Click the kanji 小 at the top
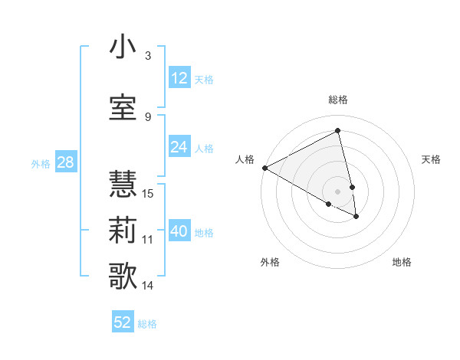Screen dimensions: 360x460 point(123,47)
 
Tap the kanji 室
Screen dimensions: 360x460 point(123,106)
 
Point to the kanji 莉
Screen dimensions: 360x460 point(123,230)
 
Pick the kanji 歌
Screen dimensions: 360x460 point(123,276)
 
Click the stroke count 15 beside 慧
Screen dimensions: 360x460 point(148,193)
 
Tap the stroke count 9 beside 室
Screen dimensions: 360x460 point(148,116)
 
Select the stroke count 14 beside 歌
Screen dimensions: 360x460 point(148,286)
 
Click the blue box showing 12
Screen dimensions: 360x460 point(179,78)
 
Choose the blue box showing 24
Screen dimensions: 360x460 point(179,147)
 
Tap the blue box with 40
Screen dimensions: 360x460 point(179,231)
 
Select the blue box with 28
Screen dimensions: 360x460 point(64,162)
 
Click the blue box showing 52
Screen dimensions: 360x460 point(123,322)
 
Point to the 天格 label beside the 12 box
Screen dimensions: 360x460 point(204,79)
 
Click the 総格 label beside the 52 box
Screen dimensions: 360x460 point(147,324)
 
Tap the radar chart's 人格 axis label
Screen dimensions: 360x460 point(245,159)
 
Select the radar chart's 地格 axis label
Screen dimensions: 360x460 point(402,262)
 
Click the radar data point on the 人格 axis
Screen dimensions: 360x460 point(264,168)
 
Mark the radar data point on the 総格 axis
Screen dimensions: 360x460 point(337,131)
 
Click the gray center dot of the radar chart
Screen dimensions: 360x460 point(337,191)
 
